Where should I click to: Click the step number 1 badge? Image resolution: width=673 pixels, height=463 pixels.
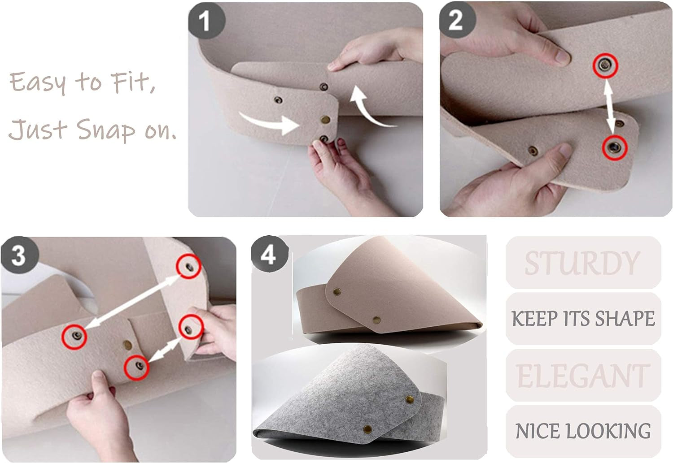click(206, 21)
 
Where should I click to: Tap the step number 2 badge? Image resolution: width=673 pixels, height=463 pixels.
click(458, 20)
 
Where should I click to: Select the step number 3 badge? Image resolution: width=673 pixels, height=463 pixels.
click(20, 255)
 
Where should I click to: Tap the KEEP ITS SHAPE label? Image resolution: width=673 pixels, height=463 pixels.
click(583, 318)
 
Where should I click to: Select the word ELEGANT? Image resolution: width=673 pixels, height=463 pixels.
click(583, 376)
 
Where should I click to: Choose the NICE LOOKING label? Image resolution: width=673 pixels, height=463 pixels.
click(583, 431)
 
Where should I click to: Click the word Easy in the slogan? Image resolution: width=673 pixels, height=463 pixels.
click(38, 82)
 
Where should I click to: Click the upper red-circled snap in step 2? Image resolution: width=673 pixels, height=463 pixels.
click(605, 65)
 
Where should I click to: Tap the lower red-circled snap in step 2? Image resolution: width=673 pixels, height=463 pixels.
click(615, 147)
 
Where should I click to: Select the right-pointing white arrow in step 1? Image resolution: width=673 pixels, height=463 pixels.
click(269, 122)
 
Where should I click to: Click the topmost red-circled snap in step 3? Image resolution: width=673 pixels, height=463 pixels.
click(189, 266)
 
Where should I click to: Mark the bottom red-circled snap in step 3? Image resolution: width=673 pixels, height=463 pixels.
click(137, 367)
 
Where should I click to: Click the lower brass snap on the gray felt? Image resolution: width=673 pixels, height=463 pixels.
click(367, 429)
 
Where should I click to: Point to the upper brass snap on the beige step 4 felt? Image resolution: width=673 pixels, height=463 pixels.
click(337, 291)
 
